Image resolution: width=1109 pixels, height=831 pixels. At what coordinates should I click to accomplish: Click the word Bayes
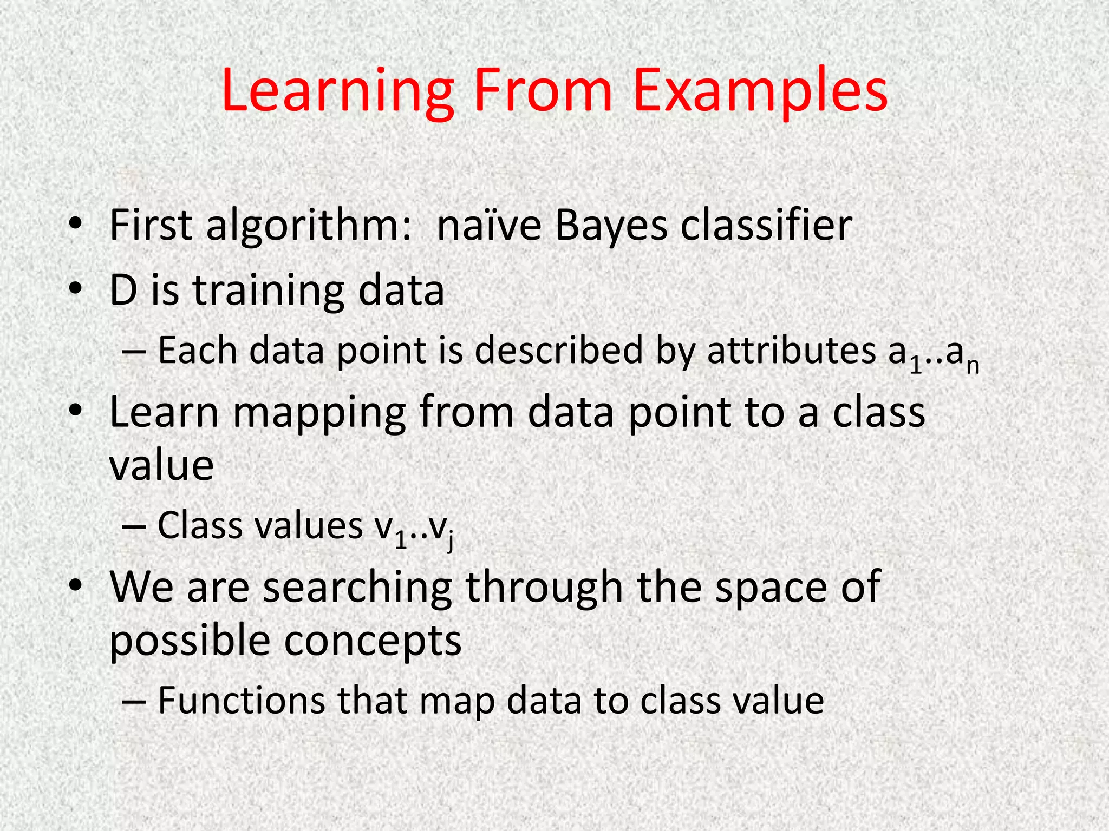610,226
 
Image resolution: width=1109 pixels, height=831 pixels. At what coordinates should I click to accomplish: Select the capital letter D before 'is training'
123,291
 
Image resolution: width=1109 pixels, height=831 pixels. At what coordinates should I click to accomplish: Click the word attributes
791,351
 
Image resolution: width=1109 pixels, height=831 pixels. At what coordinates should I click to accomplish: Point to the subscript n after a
973,366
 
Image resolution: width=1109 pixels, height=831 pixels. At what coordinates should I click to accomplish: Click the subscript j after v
449,541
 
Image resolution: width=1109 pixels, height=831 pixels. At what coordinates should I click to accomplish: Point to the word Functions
242,701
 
